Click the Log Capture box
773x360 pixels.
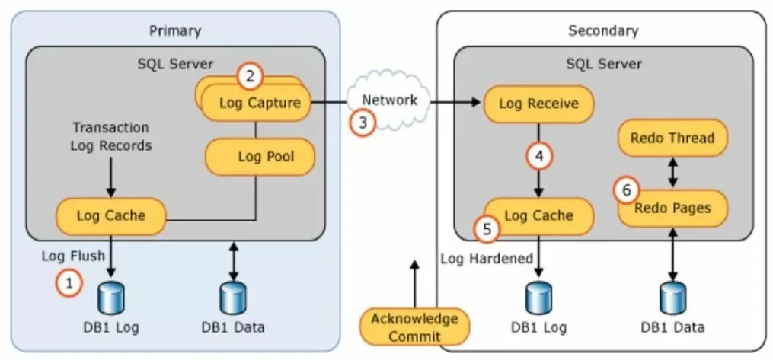point(257,103)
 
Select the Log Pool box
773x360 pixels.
point(260,157)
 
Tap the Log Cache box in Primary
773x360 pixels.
point(111,215)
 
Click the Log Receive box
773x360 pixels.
point(538,104)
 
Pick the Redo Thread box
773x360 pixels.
point(673,138)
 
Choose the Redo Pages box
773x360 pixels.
point(673,209)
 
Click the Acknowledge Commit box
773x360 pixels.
point(414,327)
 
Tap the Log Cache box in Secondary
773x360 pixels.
point(538,216)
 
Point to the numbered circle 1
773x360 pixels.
point(69,284)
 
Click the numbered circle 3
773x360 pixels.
point(363,123)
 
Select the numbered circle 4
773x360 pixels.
point(539,157)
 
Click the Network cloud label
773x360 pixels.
point(390,100)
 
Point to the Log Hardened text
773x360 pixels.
point(487,259)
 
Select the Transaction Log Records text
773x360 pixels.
point(111,136)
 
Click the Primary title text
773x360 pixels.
point(175,30)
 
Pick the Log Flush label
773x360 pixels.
point(73,256)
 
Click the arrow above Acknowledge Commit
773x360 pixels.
point(414,284)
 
